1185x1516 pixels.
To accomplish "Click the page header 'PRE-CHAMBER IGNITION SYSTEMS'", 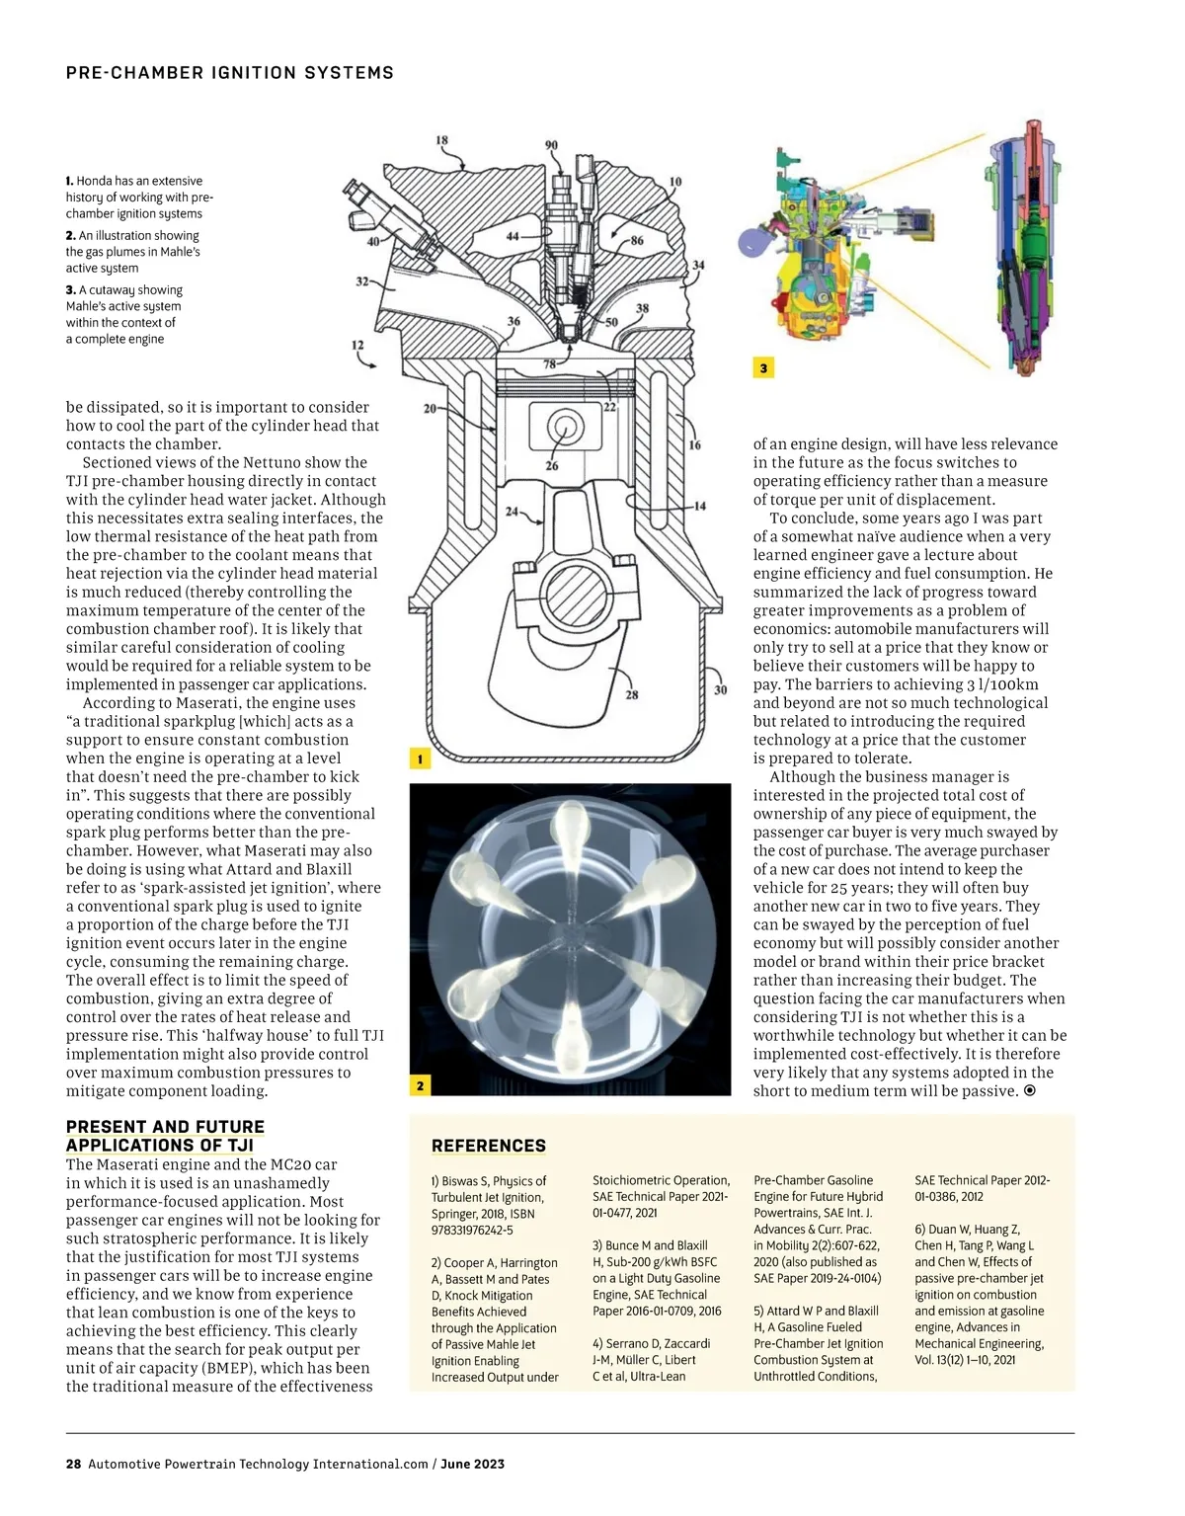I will click(229, 73).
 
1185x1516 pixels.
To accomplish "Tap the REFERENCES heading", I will click(489, 1146).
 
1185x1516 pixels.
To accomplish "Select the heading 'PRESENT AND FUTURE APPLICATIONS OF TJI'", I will click(165, 1136).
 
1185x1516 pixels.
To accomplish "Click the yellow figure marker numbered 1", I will click(420, 759).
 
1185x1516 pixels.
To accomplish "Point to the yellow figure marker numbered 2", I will click(420, 1085).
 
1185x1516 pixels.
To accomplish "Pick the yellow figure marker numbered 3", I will click(763, 368).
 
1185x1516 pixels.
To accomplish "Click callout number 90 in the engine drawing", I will click(551, 145).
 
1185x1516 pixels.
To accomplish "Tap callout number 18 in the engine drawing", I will click(442, 140).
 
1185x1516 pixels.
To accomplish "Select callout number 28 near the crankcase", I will click(632, 694).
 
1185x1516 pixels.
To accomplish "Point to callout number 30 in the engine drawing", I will click(720, 689).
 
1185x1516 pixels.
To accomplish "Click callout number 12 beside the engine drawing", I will click(357, 346).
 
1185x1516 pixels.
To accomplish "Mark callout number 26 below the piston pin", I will click(551, 465).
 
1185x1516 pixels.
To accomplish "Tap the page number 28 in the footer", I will click(73, 1464).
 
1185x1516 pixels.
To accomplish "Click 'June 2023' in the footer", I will click(472, 1464).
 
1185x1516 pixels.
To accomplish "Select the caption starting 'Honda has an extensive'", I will click(139, 197).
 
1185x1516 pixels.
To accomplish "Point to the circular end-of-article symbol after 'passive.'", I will click(1030, 1090).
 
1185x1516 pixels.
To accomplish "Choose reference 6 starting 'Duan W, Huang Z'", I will click(980, 1294).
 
